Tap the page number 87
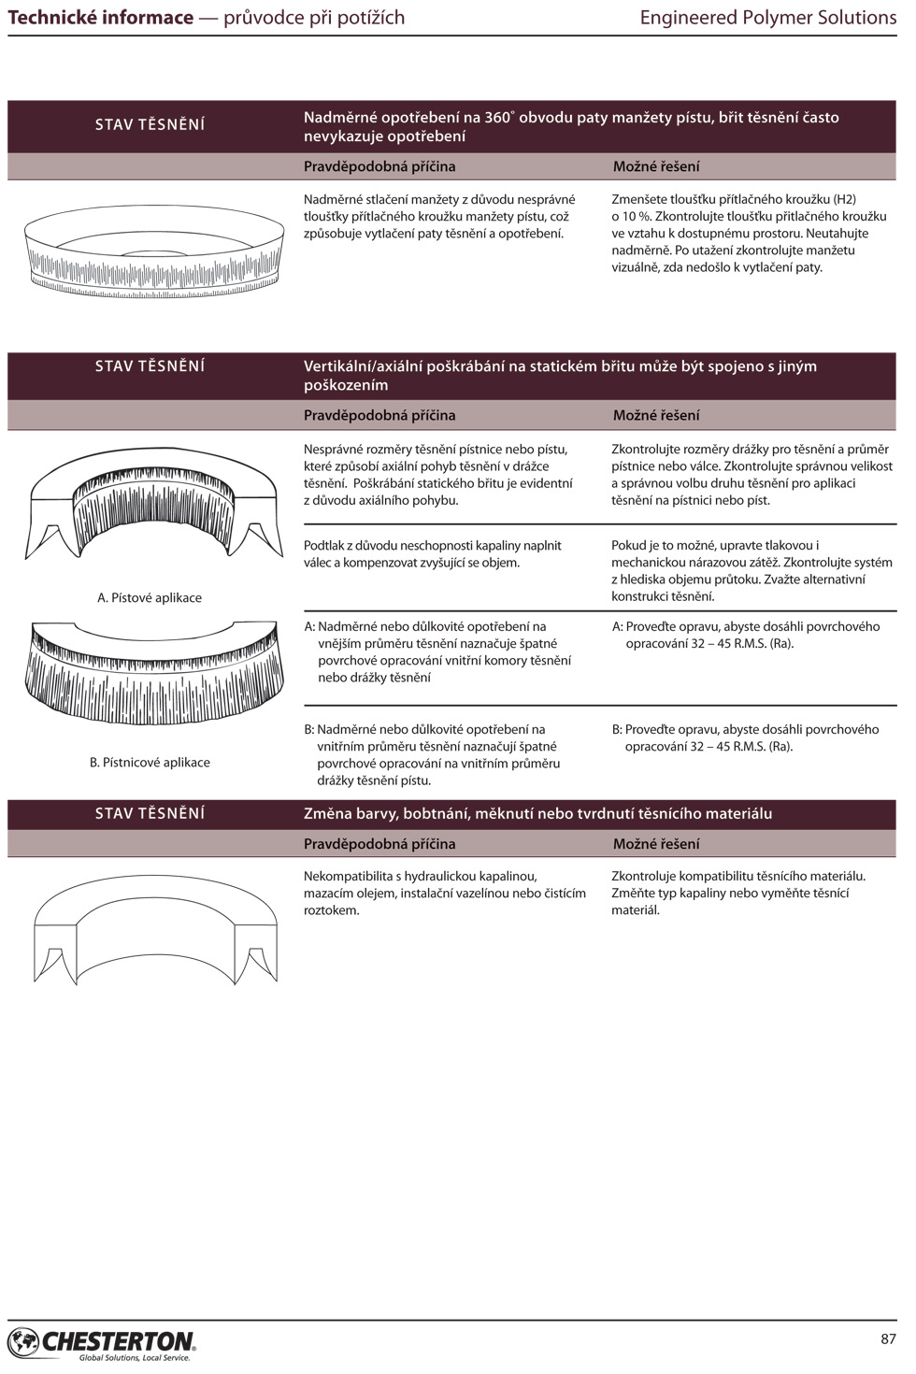click(888, 1338)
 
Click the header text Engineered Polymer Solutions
click(767, 18)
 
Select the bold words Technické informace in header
click(101, 18)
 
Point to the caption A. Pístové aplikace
click(150, 598)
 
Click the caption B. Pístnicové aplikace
click(150, 763)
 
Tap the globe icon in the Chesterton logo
click(23, 1343)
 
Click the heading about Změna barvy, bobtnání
click(537, 814)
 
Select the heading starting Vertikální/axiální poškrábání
click(560, 376)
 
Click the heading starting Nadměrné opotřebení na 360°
click(571, 127)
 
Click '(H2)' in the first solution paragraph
click(844, 200)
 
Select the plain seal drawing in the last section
click(155, 930)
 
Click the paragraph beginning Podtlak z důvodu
click(433, 554)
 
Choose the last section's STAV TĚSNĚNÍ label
click(150, 814)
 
